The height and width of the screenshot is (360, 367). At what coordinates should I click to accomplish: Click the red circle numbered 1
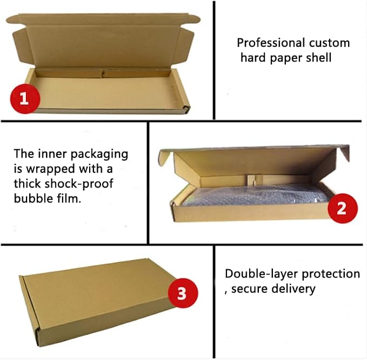[25, 99]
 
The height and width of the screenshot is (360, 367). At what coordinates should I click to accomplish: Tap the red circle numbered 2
[343, 208]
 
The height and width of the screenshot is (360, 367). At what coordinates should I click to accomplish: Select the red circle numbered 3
[183, 293]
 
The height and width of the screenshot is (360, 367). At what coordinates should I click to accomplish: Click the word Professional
[271, 43]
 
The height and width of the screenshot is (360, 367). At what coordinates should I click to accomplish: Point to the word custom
[329, 43]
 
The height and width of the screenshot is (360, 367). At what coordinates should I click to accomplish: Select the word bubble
[34, 198]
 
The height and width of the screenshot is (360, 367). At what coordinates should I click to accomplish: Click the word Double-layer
[262, 275]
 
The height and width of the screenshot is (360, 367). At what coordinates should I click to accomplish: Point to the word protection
[331, 274]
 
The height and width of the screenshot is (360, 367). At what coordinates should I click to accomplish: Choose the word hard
[253, 57]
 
